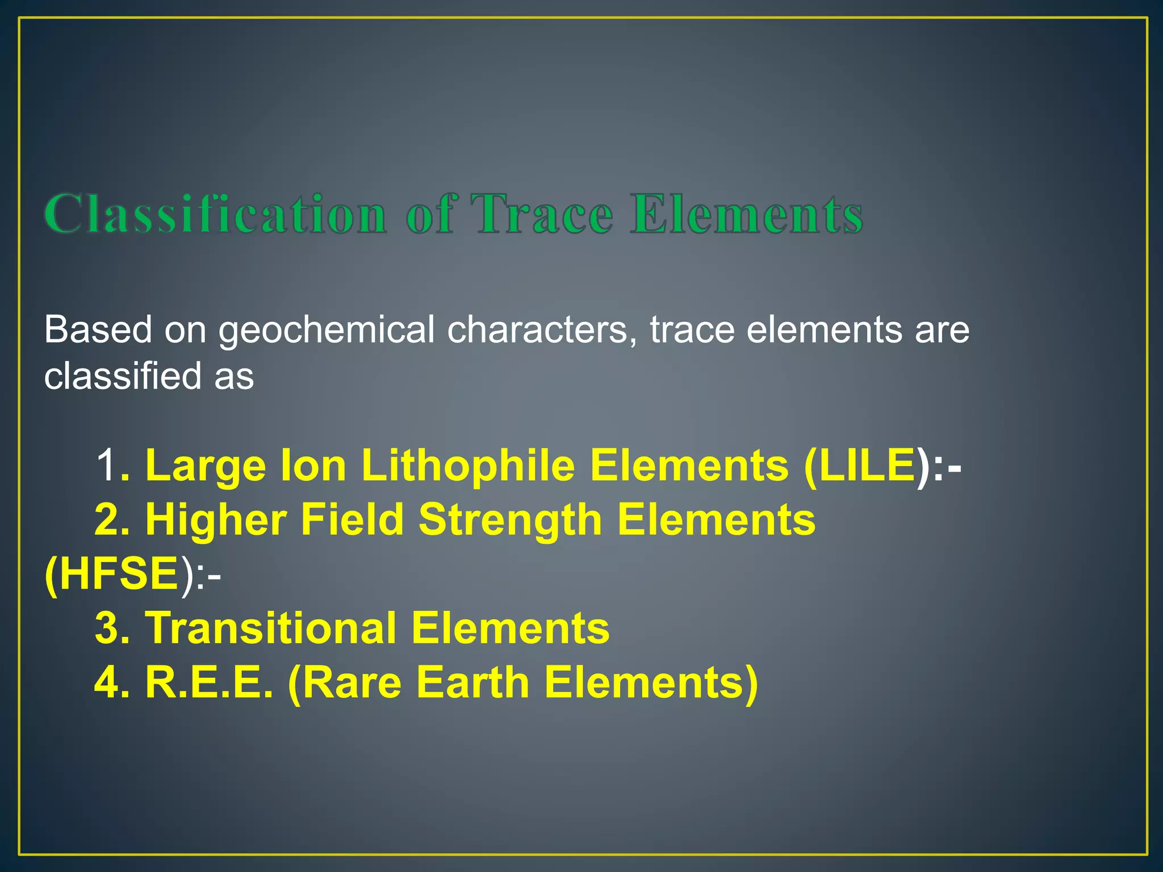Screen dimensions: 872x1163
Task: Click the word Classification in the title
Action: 216,214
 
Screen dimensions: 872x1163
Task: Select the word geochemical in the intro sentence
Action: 327,330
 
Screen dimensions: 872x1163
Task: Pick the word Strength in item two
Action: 509,520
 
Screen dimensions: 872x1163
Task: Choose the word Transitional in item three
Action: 271,628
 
